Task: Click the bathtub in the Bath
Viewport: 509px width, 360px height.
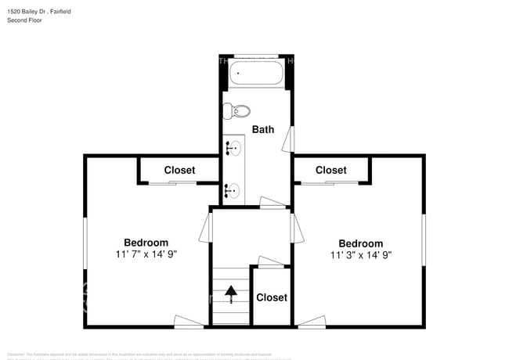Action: [256, 75]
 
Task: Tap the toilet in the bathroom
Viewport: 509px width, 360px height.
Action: [236, 110]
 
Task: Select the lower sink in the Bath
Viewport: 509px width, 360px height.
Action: [233, 189]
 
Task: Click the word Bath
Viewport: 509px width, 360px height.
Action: [263, 129]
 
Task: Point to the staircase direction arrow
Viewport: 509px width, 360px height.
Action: [231, 294]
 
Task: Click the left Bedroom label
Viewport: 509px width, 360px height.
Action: [146, 243]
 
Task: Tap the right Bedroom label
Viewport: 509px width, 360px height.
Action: [360, 243]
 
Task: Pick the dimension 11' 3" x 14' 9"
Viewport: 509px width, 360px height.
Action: [360, 255]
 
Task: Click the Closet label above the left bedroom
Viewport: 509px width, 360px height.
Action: [179, 170]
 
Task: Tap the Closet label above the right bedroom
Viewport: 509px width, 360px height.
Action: [330, 170]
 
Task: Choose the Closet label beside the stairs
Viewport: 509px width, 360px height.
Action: [272, 297]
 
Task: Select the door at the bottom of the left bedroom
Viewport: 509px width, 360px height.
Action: [189, 321]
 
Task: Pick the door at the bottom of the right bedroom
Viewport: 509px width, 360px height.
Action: [311, 321]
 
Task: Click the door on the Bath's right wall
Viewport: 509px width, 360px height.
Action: [290, 139]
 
